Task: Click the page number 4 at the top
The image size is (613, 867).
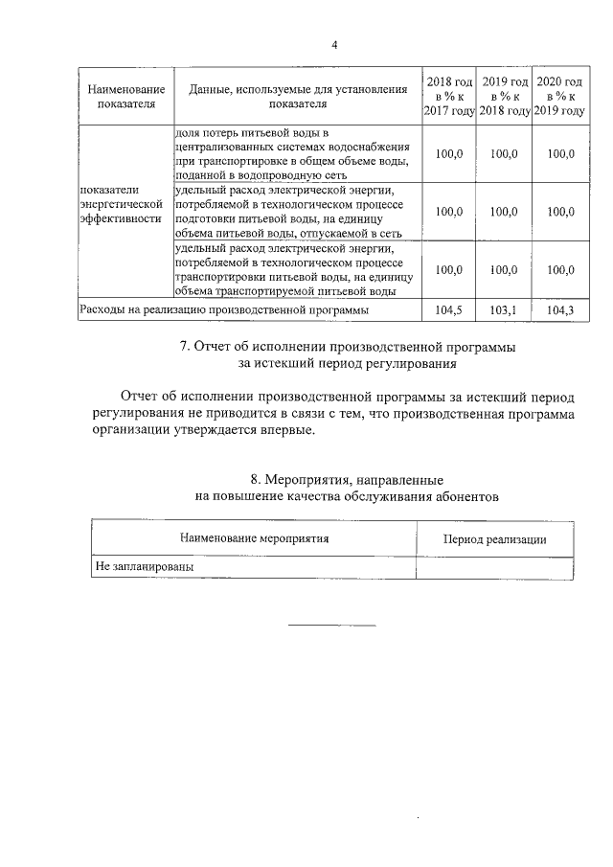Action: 334,45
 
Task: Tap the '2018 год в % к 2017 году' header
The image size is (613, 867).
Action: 449,96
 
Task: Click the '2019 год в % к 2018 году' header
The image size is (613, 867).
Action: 505,96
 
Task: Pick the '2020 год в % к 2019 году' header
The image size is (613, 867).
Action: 560,96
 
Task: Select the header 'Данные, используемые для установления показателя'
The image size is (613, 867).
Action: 298,96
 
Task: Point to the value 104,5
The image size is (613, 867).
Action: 449,310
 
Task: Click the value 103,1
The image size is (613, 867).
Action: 505,310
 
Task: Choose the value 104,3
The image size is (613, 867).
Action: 560,310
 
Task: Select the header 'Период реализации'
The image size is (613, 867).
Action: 494,539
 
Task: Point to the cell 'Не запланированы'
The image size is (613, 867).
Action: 144,567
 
